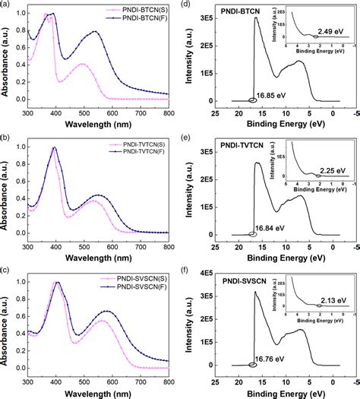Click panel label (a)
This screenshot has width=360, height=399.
point(6,5)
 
